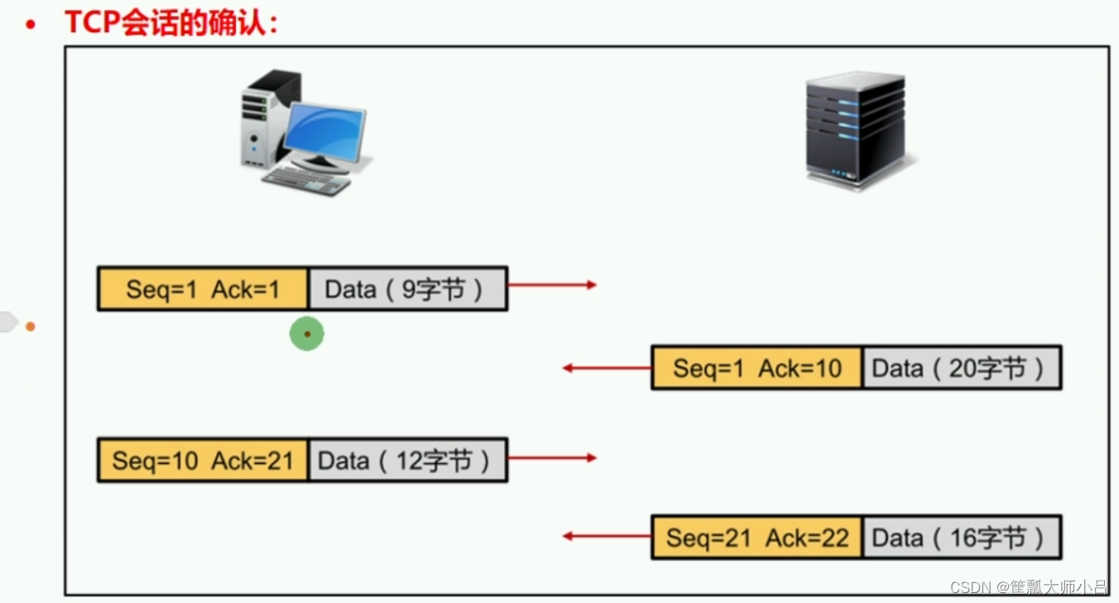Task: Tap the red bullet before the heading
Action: tap(31, 26)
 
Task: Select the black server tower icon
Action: tap(856, 129)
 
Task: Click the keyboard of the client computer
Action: tap(306, 179)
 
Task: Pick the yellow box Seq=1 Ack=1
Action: tap(203, 289)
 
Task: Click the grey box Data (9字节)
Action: tap(408, 289)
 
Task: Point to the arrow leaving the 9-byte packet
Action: tap(552, 285)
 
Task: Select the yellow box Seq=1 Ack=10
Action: tap(757, 368)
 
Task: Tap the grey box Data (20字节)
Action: tap(962, 368)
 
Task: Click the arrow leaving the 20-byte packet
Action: tap(606, 368)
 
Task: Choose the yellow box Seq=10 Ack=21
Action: tap(203, 460)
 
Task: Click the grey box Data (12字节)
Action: tap(408, 460)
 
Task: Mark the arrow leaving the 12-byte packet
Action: tap(552, 457)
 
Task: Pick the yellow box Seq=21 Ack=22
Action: tap(757, 538)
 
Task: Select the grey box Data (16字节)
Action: tap(962, 538)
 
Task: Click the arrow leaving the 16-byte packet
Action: tap(606, 537)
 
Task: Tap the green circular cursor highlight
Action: tap(306, 334)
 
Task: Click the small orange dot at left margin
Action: tap(31, 326)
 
